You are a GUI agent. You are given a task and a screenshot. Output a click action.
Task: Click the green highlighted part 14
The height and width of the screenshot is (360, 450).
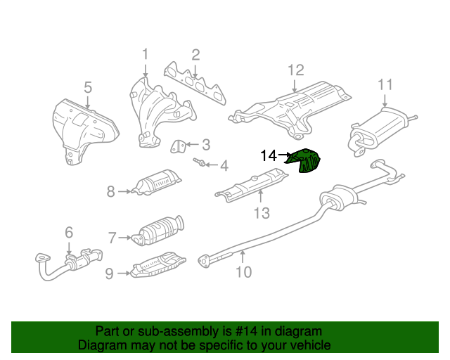click(x=304, y=161)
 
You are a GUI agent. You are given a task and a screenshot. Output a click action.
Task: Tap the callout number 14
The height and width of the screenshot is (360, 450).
click(x=269, y=156)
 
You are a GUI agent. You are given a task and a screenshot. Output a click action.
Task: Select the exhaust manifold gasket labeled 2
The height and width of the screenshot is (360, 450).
click(x=195, y=83)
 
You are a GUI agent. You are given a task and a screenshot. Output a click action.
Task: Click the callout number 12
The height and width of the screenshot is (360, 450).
click(x=295, y=70)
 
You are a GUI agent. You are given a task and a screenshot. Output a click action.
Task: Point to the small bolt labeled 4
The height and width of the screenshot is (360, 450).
click(x=199, y=162)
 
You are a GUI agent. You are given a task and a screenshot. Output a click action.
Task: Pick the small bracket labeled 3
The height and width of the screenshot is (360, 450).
click(x=178, y=146)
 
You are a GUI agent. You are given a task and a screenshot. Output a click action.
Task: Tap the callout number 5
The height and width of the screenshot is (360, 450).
click(x=88, y=87)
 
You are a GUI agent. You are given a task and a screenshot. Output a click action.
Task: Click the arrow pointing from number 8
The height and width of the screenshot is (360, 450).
click(x=124, y=191)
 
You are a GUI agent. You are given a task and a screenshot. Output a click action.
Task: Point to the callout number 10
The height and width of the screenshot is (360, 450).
click(x=244, y=272)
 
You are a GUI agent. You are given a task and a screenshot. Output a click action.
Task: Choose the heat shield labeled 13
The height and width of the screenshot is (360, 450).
click(x=252, y=185)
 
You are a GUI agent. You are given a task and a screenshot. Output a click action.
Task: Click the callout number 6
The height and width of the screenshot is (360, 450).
click(x=69, y=232)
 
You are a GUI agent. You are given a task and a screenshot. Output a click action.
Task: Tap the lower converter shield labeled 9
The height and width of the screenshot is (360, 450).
click(x=158, y=265)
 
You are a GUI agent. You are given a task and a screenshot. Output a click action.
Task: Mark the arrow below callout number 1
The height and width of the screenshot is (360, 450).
click(x=146, y=70)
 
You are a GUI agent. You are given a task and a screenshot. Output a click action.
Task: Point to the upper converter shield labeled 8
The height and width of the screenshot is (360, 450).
click(x=157, y=182)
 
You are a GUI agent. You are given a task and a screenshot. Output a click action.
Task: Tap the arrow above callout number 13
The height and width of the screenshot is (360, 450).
click(x=261, y=197)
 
